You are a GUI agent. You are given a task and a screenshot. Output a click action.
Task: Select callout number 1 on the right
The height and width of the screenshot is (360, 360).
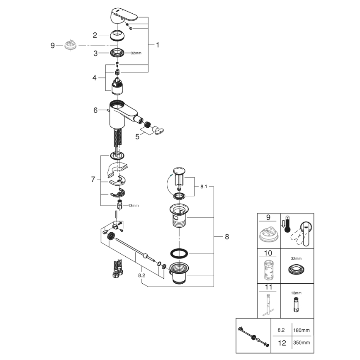coord(157,44)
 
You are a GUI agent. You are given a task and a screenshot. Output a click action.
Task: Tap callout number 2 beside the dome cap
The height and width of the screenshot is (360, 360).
coord(95,36)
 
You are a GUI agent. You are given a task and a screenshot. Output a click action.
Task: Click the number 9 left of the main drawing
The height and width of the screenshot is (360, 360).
coord(53,45)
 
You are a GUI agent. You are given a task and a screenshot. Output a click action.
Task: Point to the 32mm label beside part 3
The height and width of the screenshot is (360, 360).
coord(136,53)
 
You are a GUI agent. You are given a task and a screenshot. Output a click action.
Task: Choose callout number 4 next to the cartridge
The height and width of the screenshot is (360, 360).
coord(95,77)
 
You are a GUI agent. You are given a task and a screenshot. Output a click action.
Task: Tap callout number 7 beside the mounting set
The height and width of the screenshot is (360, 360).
coord(93,179)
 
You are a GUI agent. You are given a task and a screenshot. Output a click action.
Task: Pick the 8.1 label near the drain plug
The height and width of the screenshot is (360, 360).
coord(204,187)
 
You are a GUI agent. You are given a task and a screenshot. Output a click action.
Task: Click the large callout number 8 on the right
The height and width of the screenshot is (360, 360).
coord(226,237)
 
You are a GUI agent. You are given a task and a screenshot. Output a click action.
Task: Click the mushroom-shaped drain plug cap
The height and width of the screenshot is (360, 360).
coord(179,170)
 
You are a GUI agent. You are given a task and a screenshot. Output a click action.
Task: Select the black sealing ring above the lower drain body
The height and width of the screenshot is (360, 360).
coord(179,253)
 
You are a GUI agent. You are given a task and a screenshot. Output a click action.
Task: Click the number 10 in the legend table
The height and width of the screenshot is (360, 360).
coord(268,252)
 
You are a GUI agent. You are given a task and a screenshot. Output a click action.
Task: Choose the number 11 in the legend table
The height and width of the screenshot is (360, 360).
coord(268,287)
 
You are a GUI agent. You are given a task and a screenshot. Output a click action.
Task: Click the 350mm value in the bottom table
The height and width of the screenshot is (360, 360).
coord(301,343)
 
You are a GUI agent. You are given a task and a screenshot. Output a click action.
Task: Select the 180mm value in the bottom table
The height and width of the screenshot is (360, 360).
coord(301,330)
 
